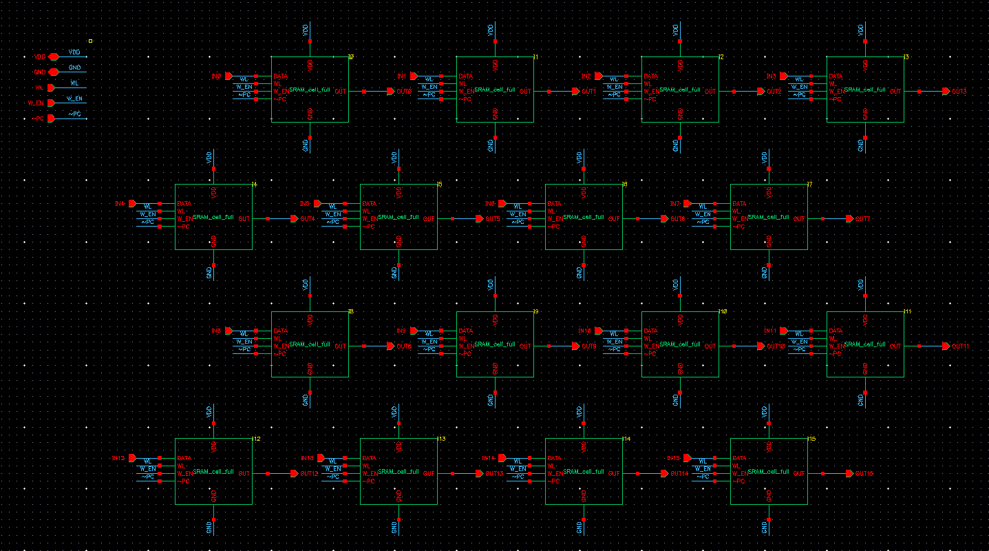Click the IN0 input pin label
pyautogui.click(x=216, y=76)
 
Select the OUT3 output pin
pyautogui.click(x=946, y=91)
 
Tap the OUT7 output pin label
pyautogui.click(x=862, y=218)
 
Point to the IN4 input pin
pyautogui.click(x=133, y=203)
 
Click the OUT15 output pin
pyautogui.click(x=850, y=473)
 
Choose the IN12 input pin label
pyautogui.click(x=118, y=458)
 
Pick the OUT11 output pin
pyautogui.click(x=946, y=346)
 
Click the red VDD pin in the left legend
pyautogui.click(x=53, y=56)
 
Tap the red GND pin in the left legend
pyautogui.click(x=53, y=72)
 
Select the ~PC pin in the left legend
pyautogui.click(x=50, y=118)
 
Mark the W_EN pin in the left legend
pyautogui.click(x=50, y=103)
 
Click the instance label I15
pyautogui.click(x=812, y=439)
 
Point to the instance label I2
pyautogui.click(x=721, y=56)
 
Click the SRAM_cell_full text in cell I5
pyautogui.click(x=398, y=217)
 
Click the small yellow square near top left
pyautogui.click(x=90, y=41)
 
